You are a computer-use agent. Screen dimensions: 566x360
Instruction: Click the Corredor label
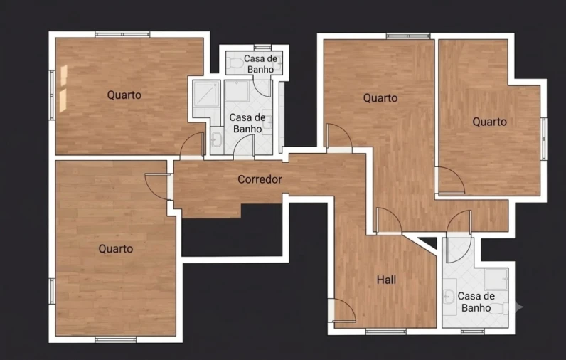click(260, 179)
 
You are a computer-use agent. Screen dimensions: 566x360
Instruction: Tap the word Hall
click(386, 280)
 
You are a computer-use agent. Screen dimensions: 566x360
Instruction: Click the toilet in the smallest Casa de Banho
click(235, 63)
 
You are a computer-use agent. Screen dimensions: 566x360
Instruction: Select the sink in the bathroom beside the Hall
click(449, 297)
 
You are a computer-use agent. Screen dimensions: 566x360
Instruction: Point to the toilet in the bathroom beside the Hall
click(498, 308)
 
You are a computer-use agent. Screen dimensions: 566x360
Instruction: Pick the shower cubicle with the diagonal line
click(206, 93)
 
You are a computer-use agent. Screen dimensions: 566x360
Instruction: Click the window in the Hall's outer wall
click(386, 332)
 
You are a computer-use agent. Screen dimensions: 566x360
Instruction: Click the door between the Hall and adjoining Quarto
click(389, 221)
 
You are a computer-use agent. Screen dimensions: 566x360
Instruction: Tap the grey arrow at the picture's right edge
click(519, 307)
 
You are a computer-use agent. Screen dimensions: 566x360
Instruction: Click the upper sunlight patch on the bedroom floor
click(63, 76)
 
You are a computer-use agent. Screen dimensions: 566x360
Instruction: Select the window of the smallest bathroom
click(262, 47)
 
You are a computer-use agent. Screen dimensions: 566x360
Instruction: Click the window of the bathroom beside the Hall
click(473, 332)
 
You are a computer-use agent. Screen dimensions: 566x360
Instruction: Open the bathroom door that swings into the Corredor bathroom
click(244, 147)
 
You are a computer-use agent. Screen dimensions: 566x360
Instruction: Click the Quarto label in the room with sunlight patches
click(124, 95)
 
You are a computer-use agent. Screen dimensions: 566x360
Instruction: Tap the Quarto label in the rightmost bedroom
click(489, 122)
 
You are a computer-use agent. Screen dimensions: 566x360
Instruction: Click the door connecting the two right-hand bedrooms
click(449, 181)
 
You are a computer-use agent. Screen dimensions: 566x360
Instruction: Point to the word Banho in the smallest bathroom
click(261, 69)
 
